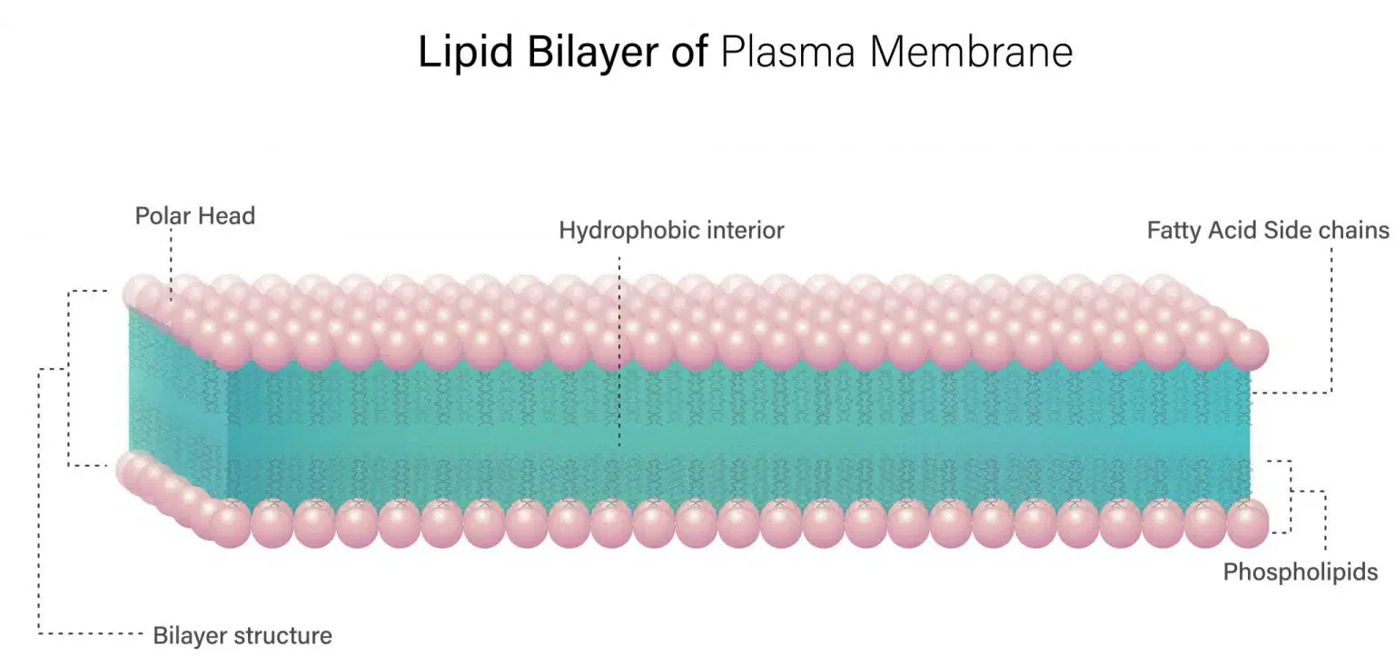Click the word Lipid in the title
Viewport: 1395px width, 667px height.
[x=458, y=53]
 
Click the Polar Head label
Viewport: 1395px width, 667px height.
[x=195, y=216]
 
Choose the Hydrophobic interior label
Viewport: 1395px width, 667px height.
[x=671, y=231]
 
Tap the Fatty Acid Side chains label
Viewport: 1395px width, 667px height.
[x=1268, y=231]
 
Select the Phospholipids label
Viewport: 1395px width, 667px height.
[x=1301, y=572]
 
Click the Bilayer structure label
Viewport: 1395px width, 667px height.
[x=242, y=635]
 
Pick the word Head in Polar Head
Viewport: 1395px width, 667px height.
[x=226, y=216]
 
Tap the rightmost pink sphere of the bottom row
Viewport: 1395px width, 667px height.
[x=1247, y=524]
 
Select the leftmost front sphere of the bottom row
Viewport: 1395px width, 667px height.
[x=230, y=525]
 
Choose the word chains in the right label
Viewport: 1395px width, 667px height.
[x=1357, y=231]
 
